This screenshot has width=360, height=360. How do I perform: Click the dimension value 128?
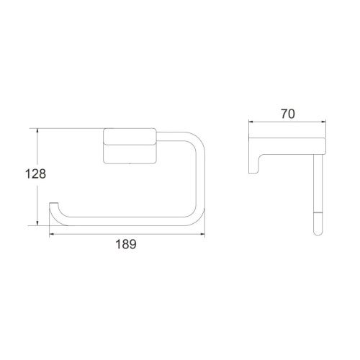[x=35, y=174]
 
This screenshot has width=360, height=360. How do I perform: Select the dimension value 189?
[x=126, y=244]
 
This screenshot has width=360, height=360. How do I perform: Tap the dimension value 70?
[x=288, y=114]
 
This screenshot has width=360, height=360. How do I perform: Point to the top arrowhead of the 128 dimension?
[x=37, y=132]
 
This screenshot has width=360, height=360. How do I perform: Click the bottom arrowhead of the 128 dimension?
[x=37, y=222]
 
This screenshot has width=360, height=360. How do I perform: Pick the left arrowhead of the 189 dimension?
[x=53, y=234]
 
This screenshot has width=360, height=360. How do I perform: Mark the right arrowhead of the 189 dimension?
[x=202, y=234]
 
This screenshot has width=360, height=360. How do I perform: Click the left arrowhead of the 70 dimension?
[x=252, y=122]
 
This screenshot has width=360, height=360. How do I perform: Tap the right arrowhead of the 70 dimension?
[x=323, y=122]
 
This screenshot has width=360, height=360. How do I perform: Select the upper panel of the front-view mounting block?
[x=130, y=136]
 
